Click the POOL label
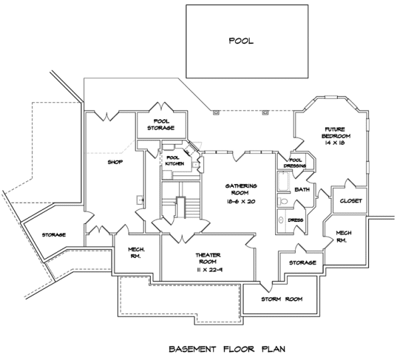click(241, 41)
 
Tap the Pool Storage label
click(161, 125)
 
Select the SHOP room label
click(115, 162)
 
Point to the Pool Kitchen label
click(175, 161)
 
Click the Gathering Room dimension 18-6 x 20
click(240, 201)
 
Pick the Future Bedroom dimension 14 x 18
click(335, 143)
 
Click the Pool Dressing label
click(295, 163)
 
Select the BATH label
click(302, 189)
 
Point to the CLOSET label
click(351, 201)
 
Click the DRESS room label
click(296, 220)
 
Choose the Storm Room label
click(282, 299)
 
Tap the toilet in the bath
click(283, 201)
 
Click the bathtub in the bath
click(283, 181)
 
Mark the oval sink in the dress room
click(281, 220)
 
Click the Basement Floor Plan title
click(227, 349)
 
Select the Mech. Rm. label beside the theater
click(136, 253)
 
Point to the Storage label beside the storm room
click(302, 263)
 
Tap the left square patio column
click(216, 113)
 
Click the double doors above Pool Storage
click(161, 107)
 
